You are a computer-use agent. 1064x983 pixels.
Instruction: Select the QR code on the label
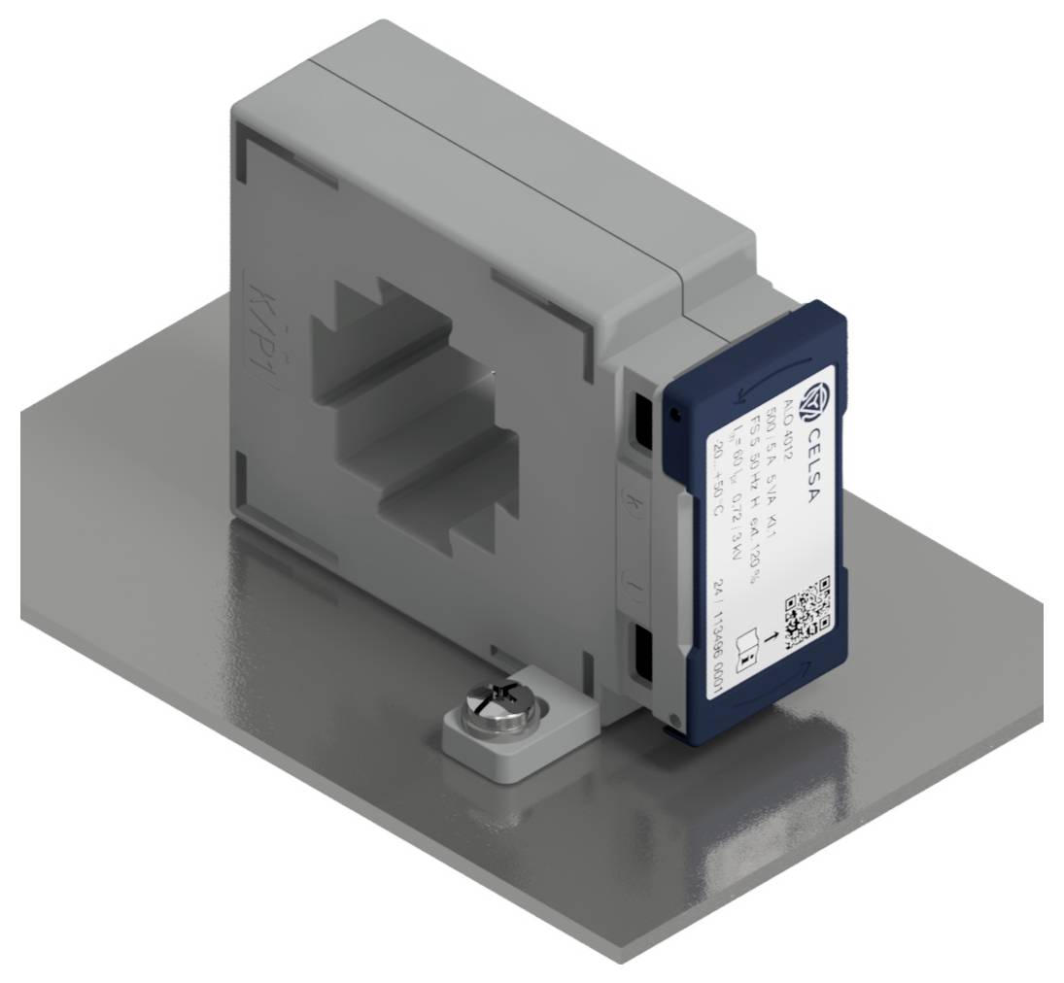point(808,611)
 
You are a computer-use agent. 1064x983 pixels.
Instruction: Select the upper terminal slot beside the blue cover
point(644,419)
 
